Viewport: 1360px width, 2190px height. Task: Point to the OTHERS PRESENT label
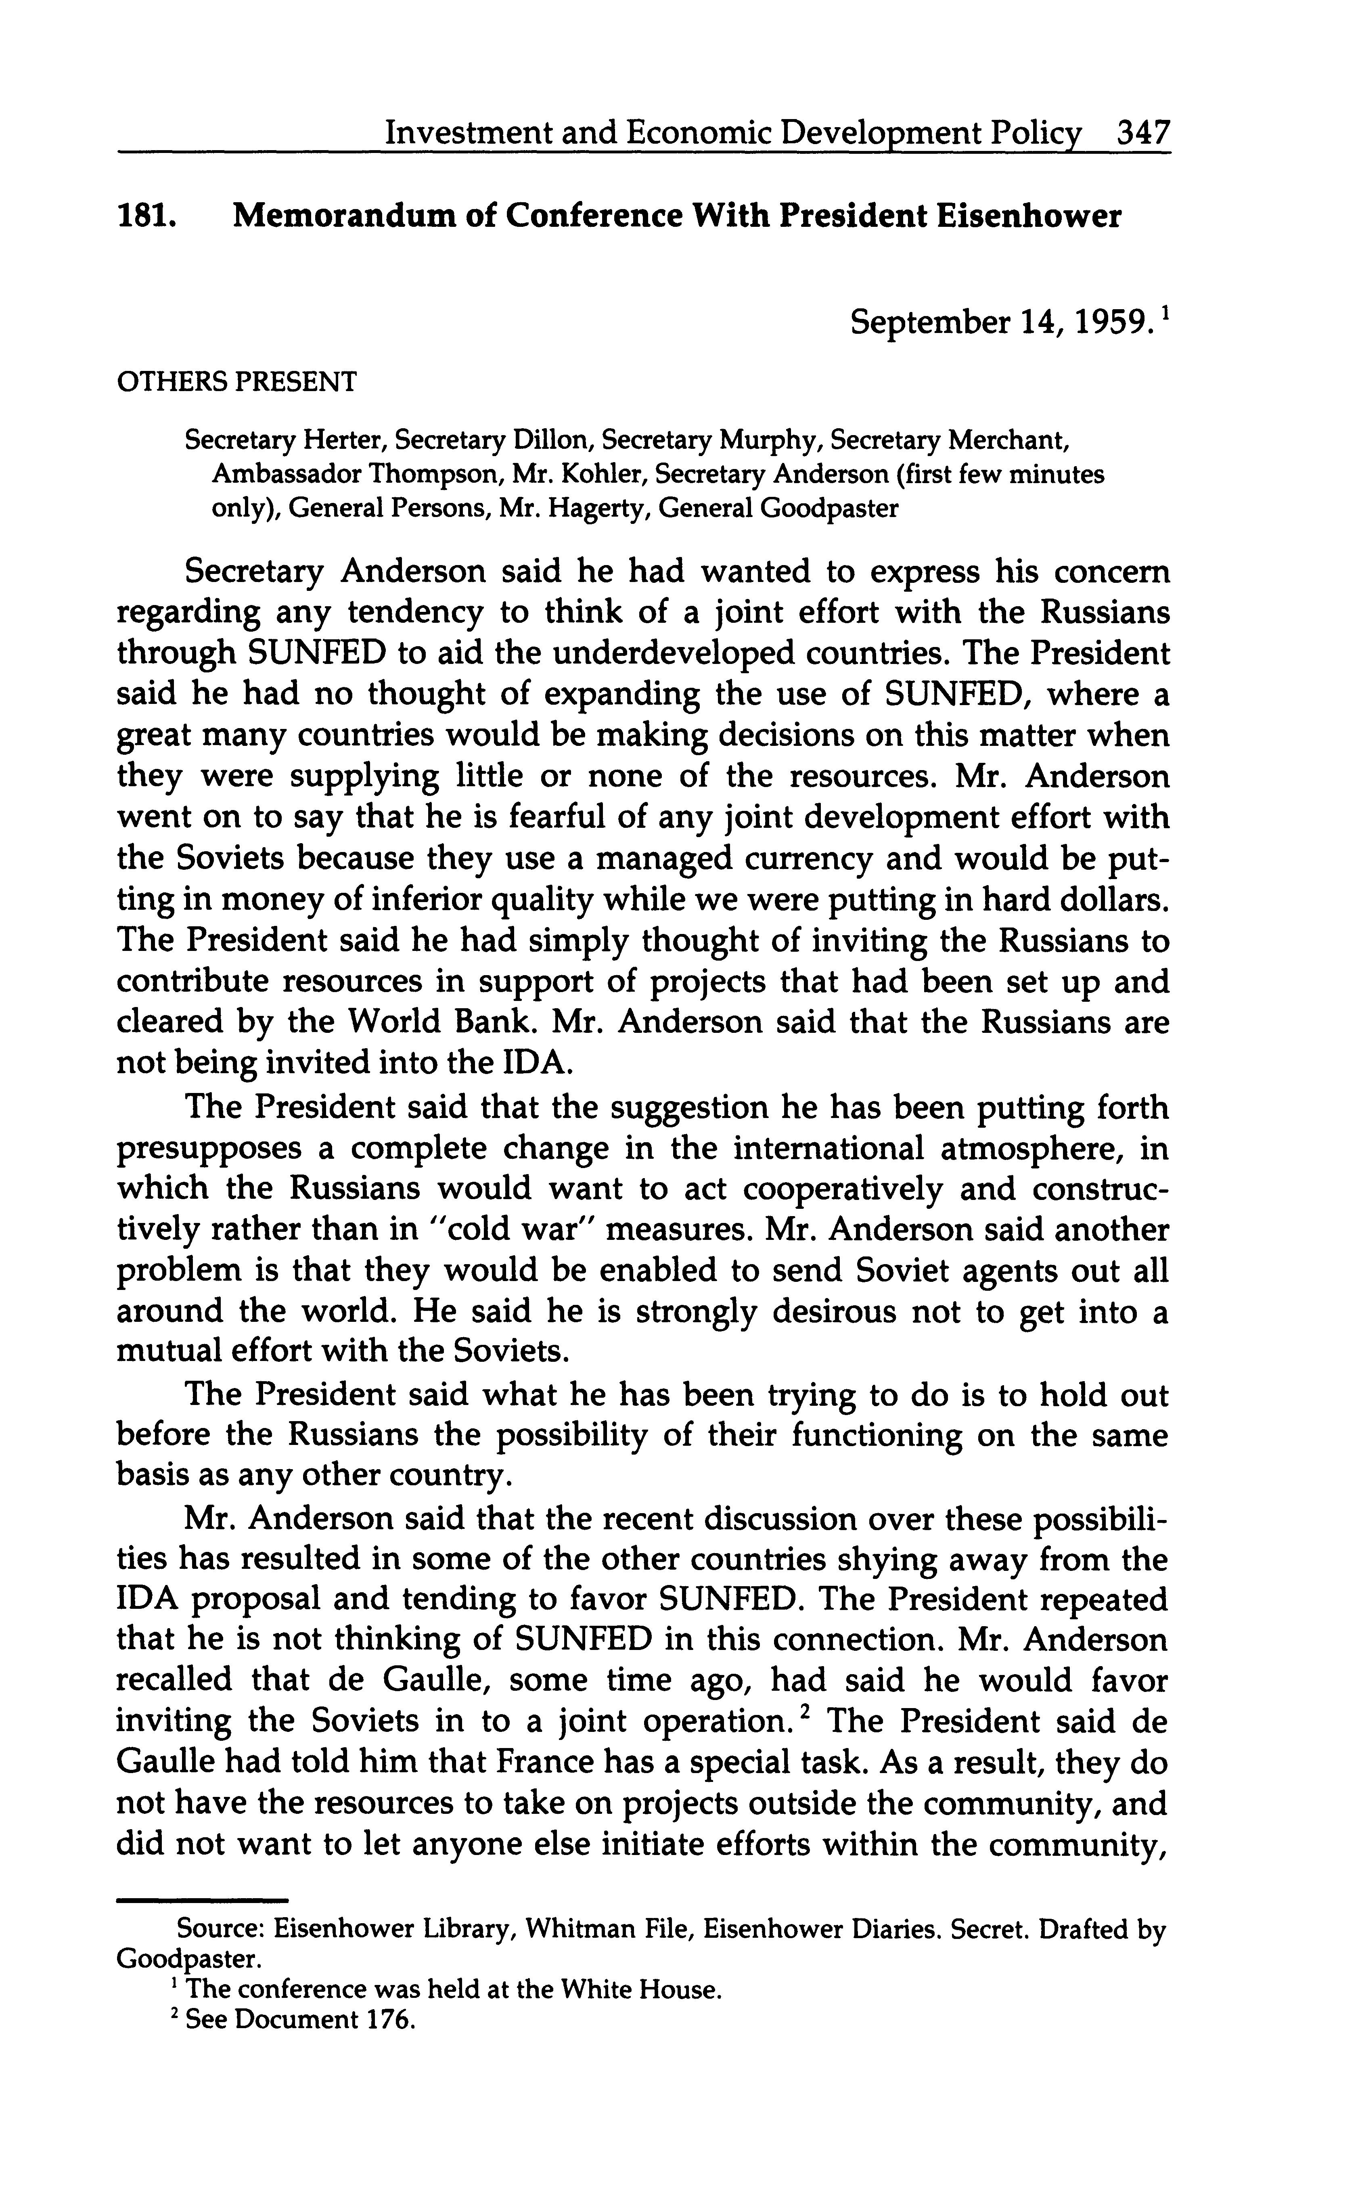click(x=236, y=381)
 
